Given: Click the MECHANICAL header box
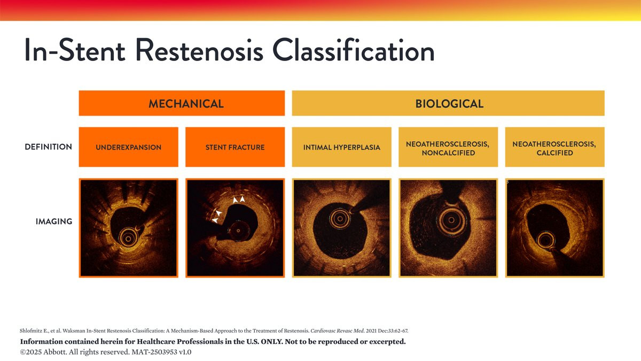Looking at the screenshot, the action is point(182,103).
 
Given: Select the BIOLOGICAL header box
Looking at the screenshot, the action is point(448,103).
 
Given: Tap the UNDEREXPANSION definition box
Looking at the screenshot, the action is point(129,147).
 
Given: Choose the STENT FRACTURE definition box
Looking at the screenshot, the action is point(235,147).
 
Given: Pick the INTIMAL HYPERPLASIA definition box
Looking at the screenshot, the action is point(342,147).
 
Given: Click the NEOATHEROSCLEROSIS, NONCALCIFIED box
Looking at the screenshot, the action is point(448,147).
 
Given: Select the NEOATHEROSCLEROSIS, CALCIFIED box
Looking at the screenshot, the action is point(555,147).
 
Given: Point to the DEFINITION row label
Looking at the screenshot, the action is point(49,147).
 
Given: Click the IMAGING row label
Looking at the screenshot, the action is point(54,221).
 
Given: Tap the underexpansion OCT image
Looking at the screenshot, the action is point(129,228).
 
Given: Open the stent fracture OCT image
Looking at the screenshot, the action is point(235,228).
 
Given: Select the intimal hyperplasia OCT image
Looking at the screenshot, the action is point(342,228).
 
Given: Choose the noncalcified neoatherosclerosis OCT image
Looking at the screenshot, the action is point(448,228).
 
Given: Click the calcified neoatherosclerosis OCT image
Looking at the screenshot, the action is point(555,228).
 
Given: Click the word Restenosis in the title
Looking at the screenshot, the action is point(199,51).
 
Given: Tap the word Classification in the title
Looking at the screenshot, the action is point(354,50).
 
